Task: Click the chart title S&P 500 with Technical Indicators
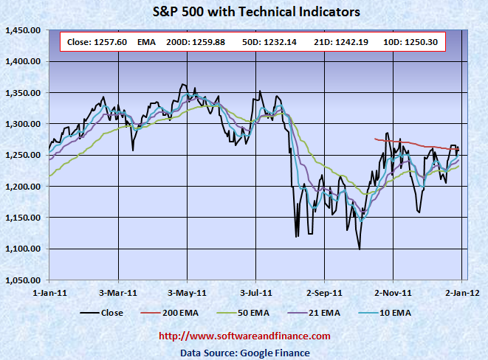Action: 255,12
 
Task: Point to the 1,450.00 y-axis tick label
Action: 22,30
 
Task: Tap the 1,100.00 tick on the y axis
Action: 22,249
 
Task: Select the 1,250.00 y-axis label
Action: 22,156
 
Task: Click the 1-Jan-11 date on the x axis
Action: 48,292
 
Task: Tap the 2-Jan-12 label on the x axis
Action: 462,292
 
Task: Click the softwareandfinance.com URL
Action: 245,336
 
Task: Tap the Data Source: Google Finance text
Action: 245,353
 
